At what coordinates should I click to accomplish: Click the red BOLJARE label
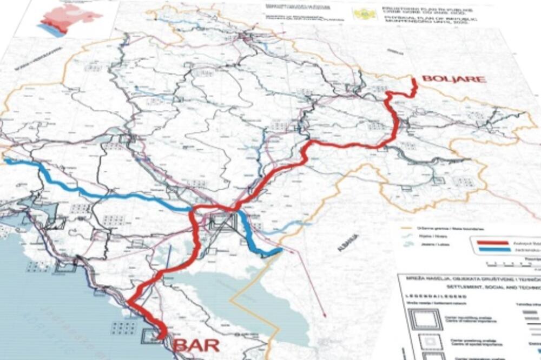tap(453, 79)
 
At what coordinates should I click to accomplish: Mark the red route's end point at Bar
tap(161, 337)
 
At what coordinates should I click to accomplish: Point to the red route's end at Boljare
tap(414, 81)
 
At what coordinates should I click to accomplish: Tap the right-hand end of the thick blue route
tap(281, 250)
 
